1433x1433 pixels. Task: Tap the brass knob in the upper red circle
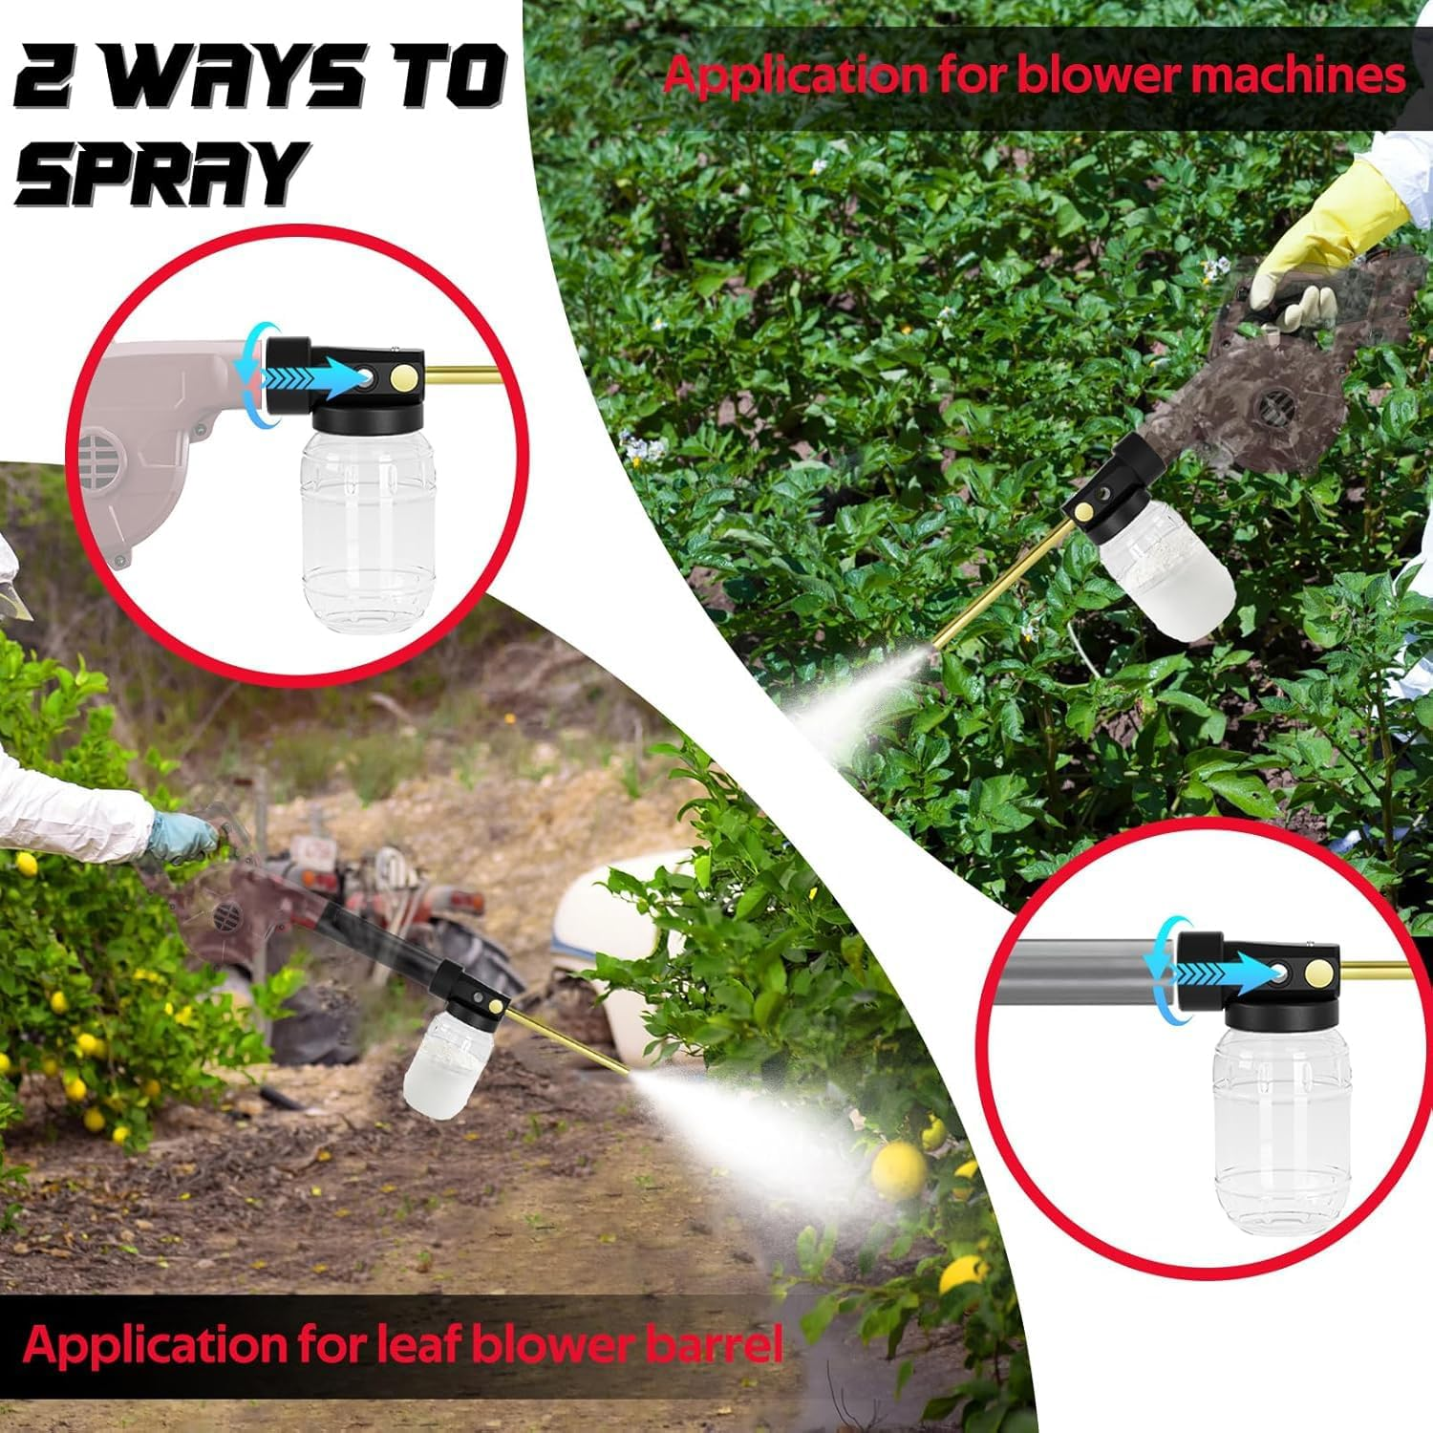[x=406, y=380]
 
